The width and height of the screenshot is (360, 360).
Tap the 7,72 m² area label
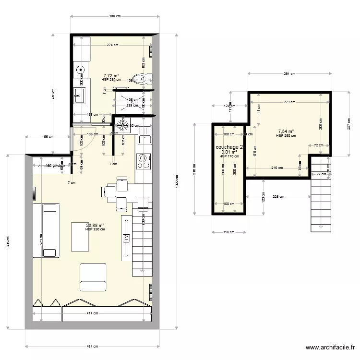pyautogui.click(x=111, y=75)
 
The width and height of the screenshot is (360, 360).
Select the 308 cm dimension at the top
pyautogui.click(x=114, y=16)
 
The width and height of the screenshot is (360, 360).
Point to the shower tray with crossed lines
pyautogui.click(x=132, y=102)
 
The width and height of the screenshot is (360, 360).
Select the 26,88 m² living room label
pyautogui.click(x=95, y=225)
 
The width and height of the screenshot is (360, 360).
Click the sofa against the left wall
pyautogui.click(x=46, y=229)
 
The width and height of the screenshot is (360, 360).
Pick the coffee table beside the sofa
pyautogui.click(x=80, y=236)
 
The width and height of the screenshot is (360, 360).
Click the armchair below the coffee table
pyautogui.click(x=93, y=277)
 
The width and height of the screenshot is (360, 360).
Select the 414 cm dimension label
pyautogui.click(x=93, y=313)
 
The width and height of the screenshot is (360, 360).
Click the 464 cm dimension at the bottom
pyautogui.click(x=93, y=346)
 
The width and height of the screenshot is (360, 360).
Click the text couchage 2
pyautogui.click(x=230, y=147)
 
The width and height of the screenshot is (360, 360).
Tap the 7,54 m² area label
pyautogui.click(x=286, y=131)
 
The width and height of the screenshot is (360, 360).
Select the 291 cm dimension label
pyautogui.click(x=289, y=74)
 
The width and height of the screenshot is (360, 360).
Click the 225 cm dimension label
pyautogui.click(x=277, y=196)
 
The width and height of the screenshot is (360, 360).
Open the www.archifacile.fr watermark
pyautogui.click(x=331, y=348)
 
